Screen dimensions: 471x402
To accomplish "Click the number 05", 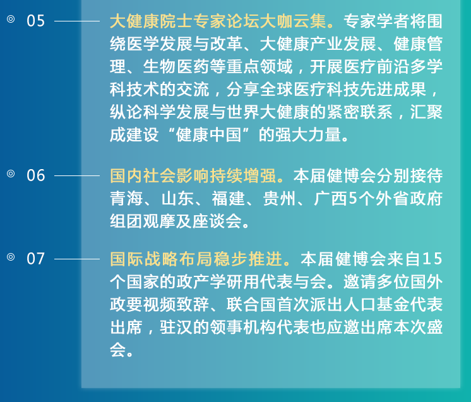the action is tap(35, 21).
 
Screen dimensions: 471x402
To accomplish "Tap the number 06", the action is tap(35, 175).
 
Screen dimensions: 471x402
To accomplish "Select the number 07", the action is tap(35, 259).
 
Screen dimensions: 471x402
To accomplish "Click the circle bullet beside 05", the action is tap(11, 19).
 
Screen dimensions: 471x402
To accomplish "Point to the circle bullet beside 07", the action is tap(11, 257).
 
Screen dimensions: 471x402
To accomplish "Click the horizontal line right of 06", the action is tap(77, 175).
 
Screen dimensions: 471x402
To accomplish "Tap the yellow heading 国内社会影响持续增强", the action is tap(193, 175).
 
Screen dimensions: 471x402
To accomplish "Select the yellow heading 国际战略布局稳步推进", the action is tap(196, 259).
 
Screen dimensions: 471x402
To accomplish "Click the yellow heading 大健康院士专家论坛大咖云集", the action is tap(218, 21).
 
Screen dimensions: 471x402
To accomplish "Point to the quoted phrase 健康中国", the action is tap(209, 134).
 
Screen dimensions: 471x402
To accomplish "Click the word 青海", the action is tap(126, 198).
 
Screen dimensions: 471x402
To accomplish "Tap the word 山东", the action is tap(177, 198).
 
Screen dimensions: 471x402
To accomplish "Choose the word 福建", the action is tap(229, 198).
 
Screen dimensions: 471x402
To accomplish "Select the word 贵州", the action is tap(279, 198).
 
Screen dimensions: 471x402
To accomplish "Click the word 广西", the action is tap(330, 198).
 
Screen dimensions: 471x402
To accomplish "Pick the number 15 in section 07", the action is tap(432, 259).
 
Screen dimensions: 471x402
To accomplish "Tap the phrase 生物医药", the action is tap(176, 67).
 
